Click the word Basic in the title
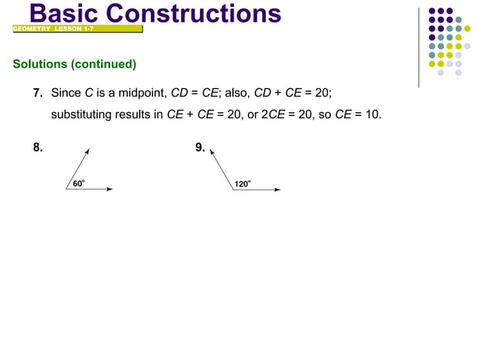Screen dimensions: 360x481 (65, 13)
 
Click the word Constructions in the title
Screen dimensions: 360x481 (195, 13)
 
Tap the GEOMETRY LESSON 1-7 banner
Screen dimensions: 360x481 (53, 29)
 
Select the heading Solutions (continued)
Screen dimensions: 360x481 (74, 64)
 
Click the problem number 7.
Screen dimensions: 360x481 (37, 93)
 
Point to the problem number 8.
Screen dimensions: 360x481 (37, 148)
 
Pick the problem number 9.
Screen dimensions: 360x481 (200, 148)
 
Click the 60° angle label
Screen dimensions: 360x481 (78, 183)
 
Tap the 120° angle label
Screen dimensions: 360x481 (242, 183)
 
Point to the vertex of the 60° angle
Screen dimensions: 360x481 (66, 189)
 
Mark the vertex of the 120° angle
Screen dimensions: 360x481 (234, 189)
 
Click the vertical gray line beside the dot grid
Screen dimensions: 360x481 (419, 45)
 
